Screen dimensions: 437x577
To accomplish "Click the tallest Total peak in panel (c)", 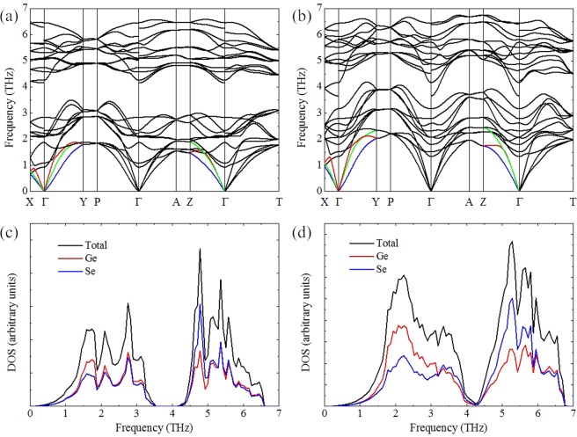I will tap(201, 249).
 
